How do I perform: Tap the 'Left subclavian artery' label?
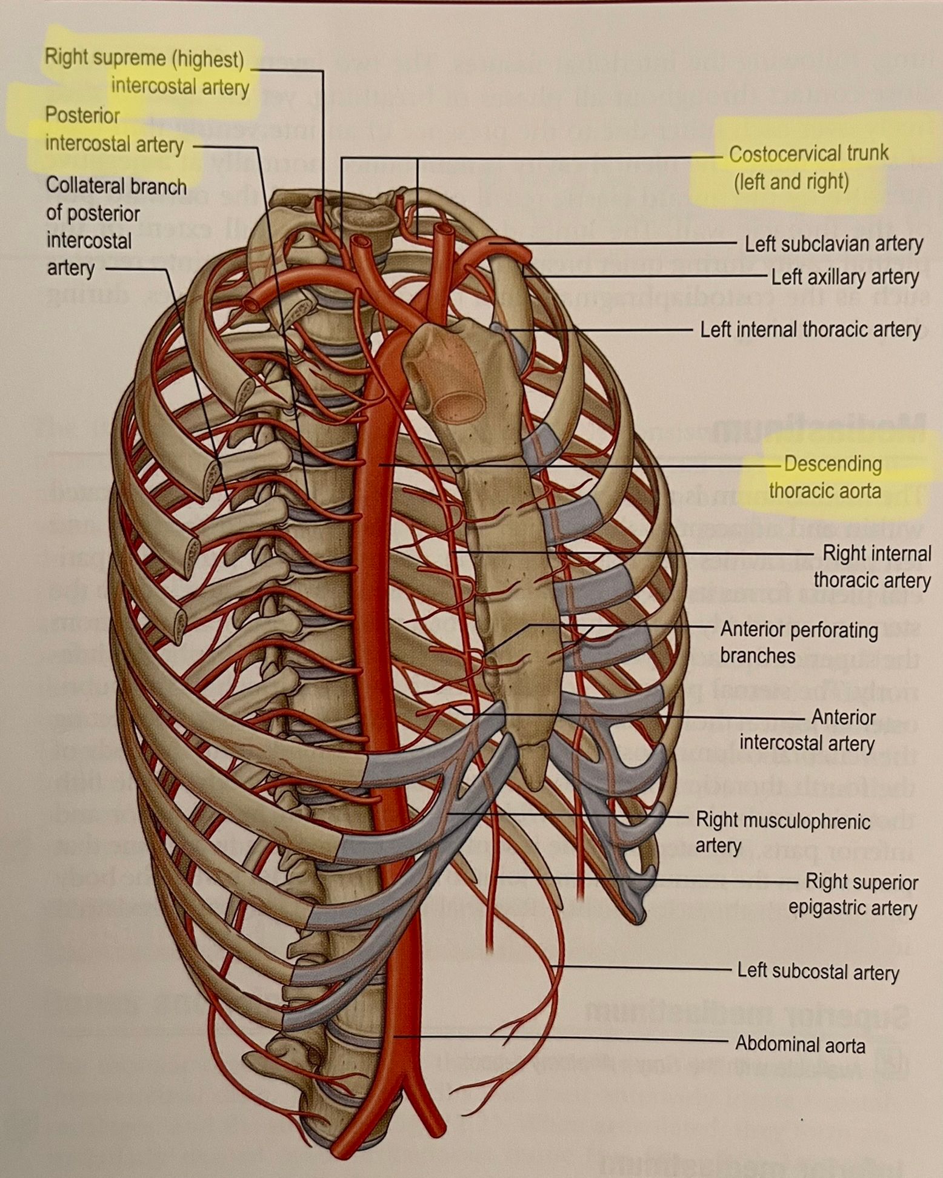pyautogui.click(x=833, y=244)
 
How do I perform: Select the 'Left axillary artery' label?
pyautogui.click(x=844, y=277)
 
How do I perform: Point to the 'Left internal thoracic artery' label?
pyautogui.click(x=810, y=330)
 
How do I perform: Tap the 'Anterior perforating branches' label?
pyautogui.click(x=798, y=643)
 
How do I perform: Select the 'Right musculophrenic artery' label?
pyautogui.click(x=782, y=833)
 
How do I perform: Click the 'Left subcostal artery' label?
pyautogui.click(x=818, y=971)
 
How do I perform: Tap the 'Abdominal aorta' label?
pyautogui.click(x=800, y=1044)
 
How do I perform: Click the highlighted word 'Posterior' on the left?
pyautogui.click(x=82, y=115)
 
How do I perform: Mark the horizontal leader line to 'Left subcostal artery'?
pyautogui.click(x=642, y=967)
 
